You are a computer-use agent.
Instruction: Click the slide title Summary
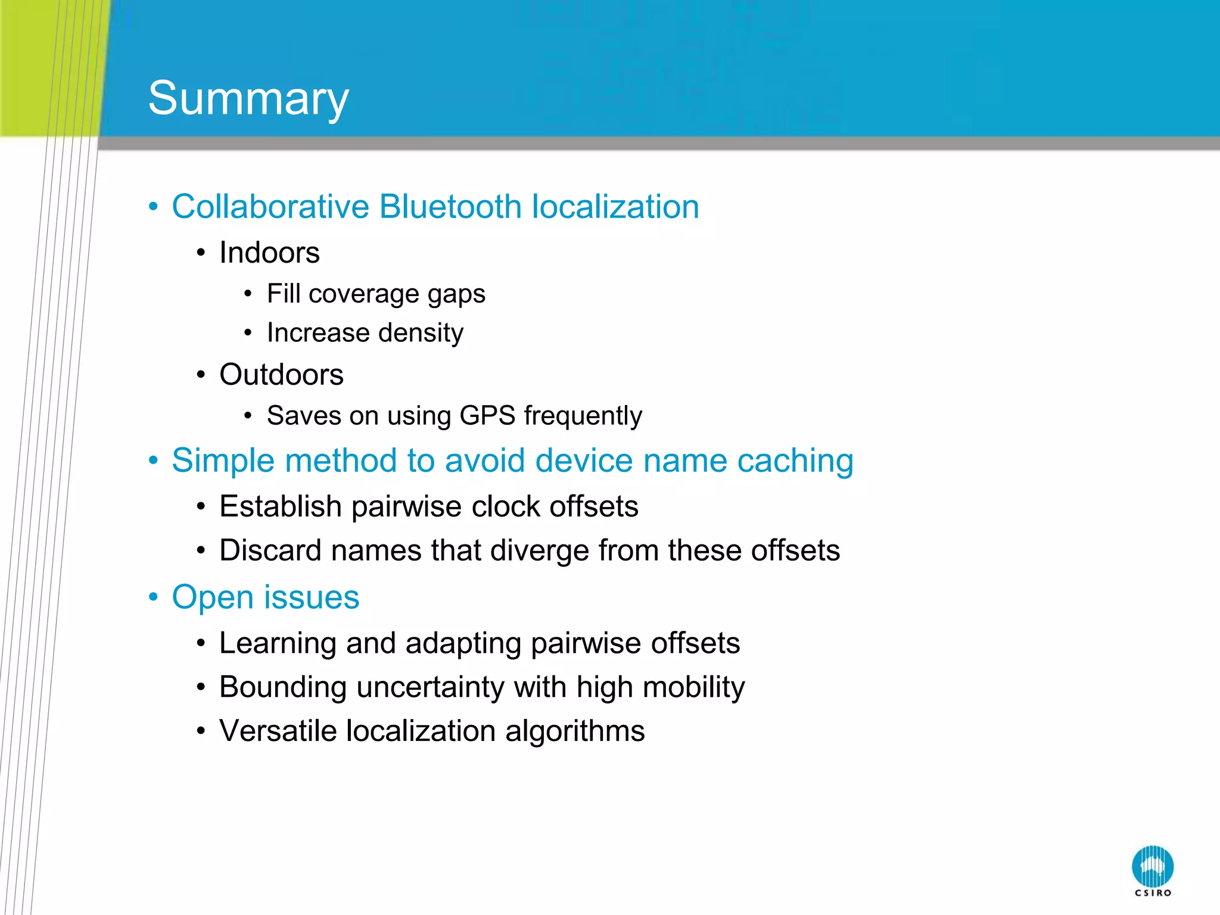[x=248, y=98]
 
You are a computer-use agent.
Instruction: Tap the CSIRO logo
[x=1152, y=870]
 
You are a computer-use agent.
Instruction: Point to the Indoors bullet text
[x=269, y=253]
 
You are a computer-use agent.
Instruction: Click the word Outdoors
[x=281, y=375]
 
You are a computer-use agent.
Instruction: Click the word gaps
[x=456, y=294]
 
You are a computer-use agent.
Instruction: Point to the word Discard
[x=270, y=550]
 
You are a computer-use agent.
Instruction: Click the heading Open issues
[x=265, y=597]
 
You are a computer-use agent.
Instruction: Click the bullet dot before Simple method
[x=154, y=460]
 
